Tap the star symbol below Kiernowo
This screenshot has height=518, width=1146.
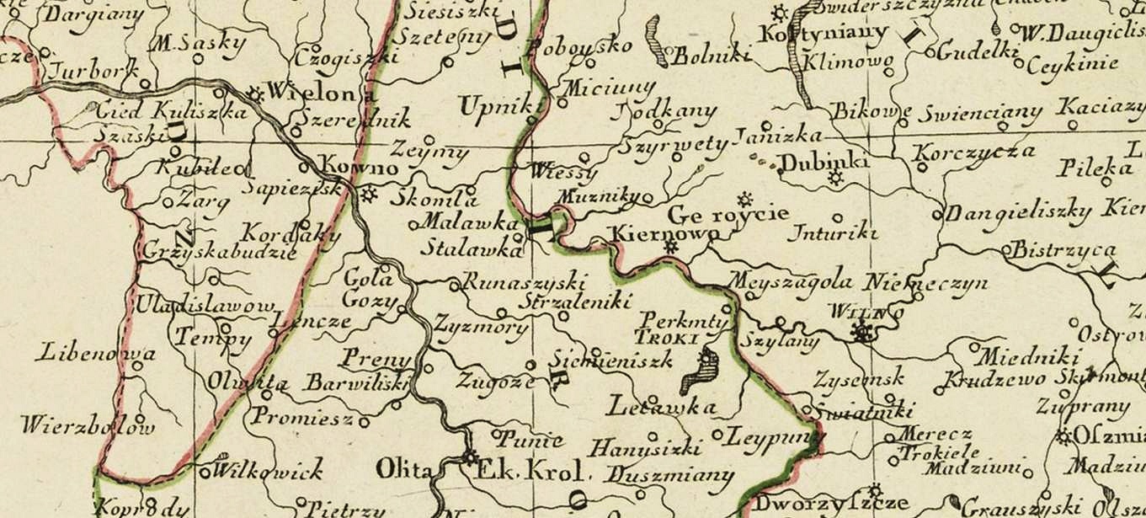(671, 247)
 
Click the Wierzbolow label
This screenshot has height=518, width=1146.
(88, 425)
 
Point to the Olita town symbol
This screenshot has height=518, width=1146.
(469, 459)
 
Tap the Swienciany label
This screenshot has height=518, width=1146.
(980, 113)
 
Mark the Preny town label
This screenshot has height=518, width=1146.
(376, 357)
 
